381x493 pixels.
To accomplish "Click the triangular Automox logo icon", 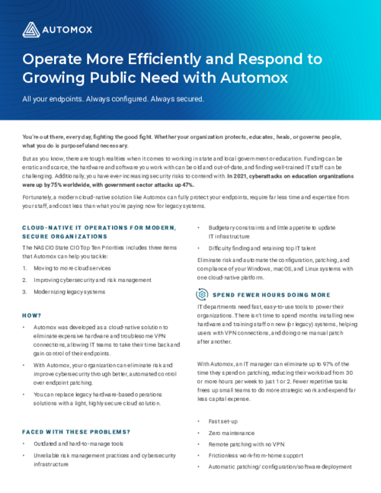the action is coord(30,30).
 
